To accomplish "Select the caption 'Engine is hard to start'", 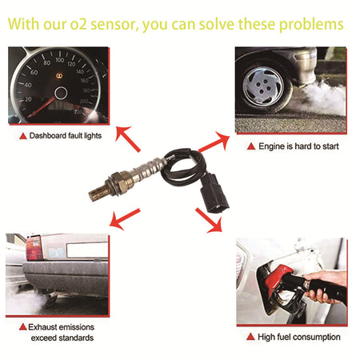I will click(299, 146).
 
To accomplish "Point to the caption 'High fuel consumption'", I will click(299, 337).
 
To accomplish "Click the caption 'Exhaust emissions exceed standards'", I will click(62, 333).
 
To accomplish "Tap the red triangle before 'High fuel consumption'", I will click(250, 337).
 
